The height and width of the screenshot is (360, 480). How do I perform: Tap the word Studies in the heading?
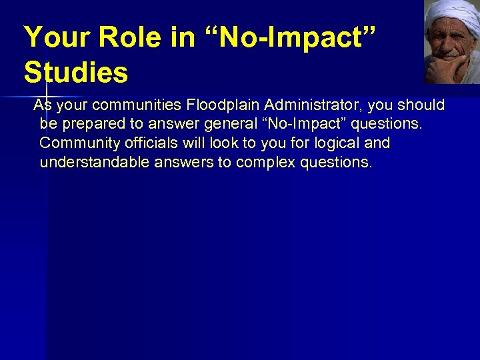(75, 72)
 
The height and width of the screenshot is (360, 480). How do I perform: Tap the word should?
(423, 105)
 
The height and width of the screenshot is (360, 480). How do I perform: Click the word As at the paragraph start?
(42, 105)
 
